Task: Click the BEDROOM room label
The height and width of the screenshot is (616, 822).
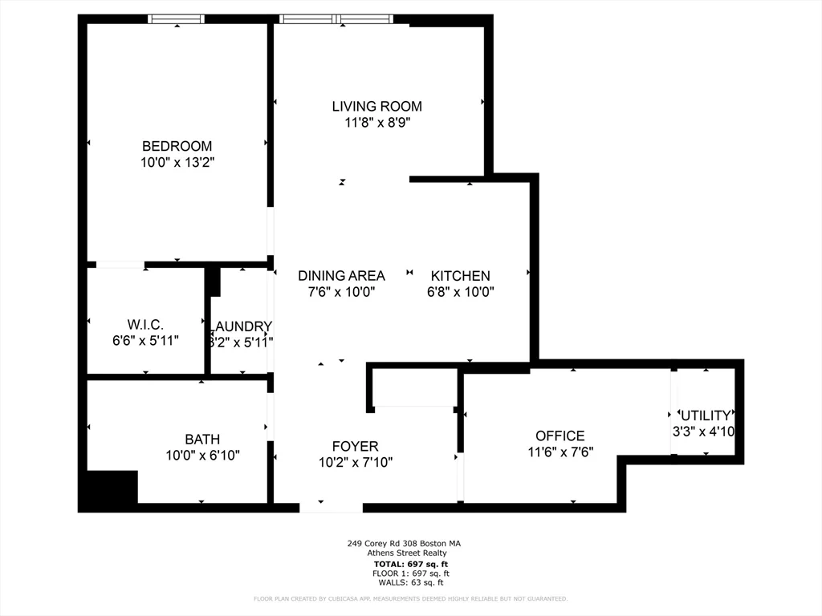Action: (177, 146)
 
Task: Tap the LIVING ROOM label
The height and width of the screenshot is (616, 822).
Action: (376, 106)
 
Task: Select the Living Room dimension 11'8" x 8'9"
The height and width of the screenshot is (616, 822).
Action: (376, 123)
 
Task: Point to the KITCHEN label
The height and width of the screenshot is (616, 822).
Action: (460, 276)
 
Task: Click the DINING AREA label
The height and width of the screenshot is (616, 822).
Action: (341, 276)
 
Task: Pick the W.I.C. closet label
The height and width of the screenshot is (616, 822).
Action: (145, 325)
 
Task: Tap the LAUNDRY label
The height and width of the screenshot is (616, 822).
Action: (241, 326)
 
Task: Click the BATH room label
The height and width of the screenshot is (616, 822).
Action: (202, 440)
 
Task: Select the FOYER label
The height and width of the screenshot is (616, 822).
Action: (355, 446)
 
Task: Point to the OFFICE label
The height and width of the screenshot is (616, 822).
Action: (560, 436)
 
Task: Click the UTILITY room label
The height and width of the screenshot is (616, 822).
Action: (706, 415)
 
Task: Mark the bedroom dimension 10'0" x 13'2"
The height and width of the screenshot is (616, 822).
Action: (177, 163)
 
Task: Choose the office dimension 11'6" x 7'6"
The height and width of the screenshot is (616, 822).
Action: (560, 452)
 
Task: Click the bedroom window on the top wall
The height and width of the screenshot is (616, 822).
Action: (177, 19)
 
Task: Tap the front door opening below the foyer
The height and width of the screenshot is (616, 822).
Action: (331, 507)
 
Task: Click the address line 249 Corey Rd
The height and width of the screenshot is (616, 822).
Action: (404, 543)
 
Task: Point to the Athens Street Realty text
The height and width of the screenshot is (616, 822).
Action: (407, 553)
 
